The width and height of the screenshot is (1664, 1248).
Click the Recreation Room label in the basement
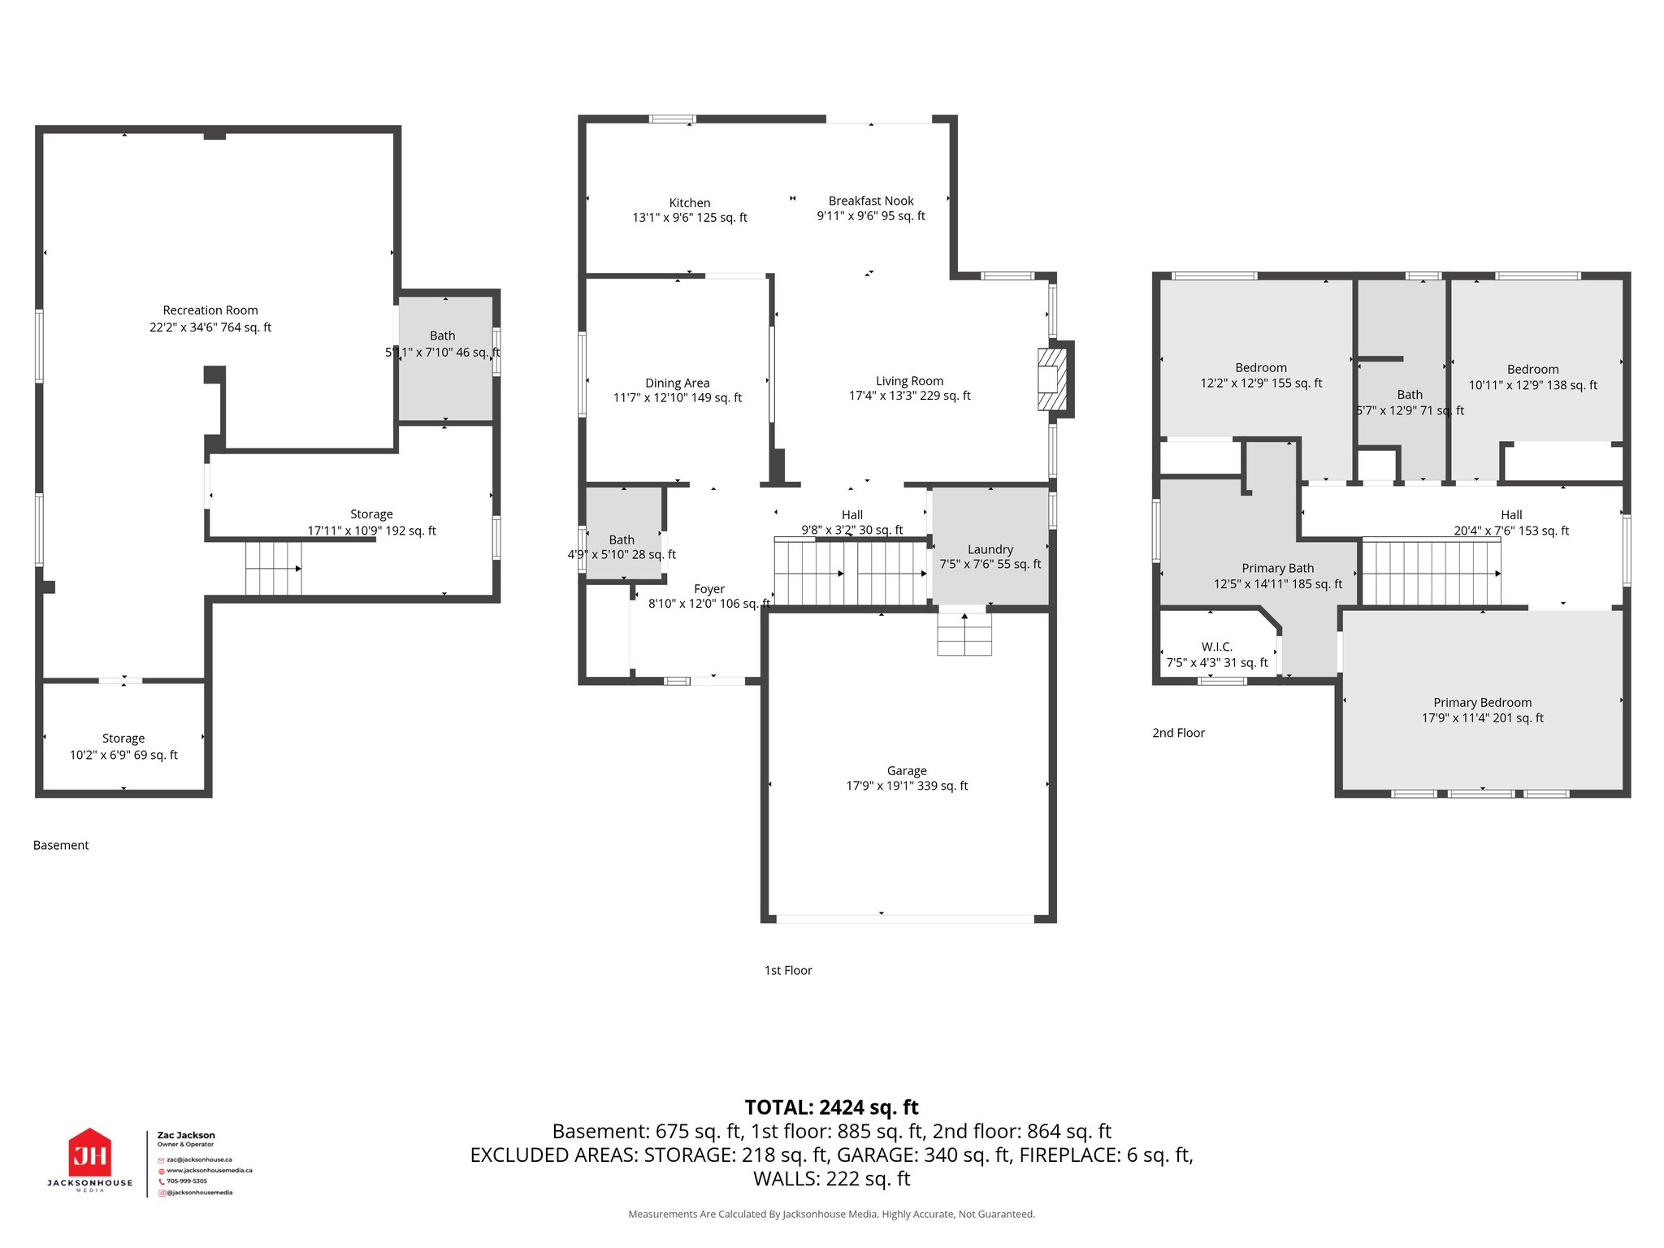[210, 310]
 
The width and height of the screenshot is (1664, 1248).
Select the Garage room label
[907, 770]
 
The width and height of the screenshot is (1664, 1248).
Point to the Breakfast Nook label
[871, 201]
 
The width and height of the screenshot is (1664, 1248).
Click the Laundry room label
[990, 549]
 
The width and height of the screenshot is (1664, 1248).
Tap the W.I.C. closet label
[1216, 647]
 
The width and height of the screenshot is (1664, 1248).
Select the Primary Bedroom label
[1482, 703]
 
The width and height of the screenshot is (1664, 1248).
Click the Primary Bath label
[1277, 569]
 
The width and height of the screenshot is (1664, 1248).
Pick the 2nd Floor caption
[1178, 733]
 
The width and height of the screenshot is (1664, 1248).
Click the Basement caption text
[61, 845]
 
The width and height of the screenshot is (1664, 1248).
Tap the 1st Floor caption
[788, 970]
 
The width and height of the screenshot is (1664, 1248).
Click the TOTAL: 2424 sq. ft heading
[831, 1107]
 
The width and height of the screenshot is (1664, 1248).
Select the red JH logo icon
[90, 1153]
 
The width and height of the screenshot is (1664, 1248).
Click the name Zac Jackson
[186, 1135]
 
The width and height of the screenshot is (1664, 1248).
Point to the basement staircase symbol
[274, 568]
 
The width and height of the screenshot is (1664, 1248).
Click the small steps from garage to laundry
[964, 634]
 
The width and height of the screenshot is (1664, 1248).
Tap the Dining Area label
[677, 383]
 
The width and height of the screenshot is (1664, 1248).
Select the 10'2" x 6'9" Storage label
[123, 747]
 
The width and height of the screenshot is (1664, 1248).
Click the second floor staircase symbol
[1431, 573]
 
